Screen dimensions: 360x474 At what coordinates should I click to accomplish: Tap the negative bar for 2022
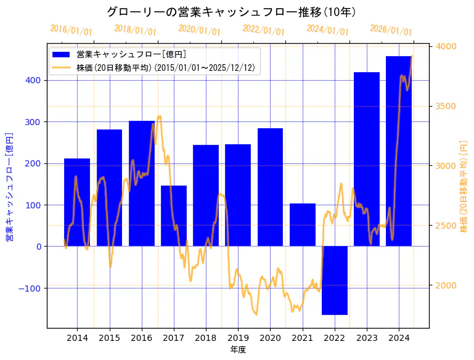[x=334, y=280]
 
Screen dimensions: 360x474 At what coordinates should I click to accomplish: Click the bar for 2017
[x=174, y=216]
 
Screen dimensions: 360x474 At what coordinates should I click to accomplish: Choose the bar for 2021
[x=302, y=225]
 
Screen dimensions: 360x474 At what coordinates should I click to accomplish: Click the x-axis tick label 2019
[x=238, y=337]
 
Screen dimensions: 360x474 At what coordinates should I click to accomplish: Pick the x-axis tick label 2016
[x=142, y=337]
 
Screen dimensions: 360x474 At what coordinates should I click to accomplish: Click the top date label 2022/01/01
[x=263, y=30]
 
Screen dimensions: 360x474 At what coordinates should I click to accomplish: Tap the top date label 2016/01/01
[x=71, y=30]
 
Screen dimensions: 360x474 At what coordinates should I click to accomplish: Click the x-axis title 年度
[x=238, y=350]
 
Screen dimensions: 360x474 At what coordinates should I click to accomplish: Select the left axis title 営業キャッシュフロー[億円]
[x=9, y=186]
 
